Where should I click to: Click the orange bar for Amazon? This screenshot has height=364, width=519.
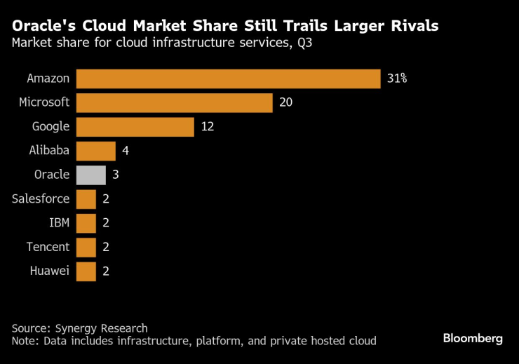(228, 79)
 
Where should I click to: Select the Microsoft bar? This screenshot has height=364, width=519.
(174, 102)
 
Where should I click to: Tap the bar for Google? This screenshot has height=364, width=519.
(135, 127)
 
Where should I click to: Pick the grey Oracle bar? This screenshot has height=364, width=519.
(90, 175)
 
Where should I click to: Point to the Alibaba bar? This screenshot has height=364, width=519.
(95, 151)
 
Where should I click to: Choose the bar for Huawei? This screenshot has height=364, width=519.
(86, 271)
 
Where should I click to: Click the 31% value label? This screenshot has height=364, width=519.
(396, 79)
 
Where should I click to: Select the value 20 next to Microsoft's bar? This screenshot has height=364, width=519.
(285, 102)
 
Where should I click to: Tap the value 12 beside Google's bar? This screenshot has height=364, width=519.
(207, 127)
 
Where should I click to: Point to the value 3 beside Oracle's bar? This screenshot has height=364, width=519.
(115, 175)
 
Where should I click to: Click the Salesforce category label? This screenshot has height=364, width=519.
(41, 198)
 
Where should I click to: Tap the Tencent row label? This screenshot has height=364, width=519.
(48, 247)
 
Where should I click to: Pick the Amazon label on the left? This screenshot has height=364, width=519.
(48, 79)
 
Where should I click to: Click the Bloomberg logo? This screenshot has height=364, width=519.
(473, 338)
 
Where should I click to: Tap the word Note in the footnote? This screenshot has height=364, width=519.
(24, 341)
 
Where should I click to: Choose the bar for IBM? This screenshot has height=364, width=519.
(86, 223)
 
